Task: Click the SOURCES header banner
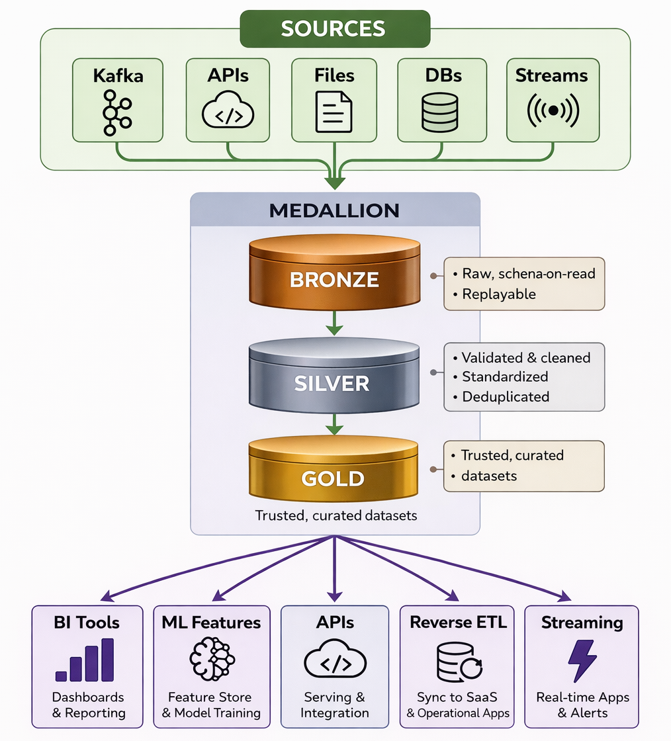(334, 28)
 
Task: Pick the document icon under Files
(334, 111)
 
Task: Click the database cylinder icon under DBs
(439, 110)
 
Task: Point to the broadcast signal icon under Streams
(553, 110)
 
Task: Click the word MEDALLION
(334, 211)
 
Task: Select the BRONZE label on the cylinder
(334, 279)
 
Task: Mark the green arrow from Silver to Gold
(334, 423)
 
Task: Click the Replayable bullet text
(498, 294)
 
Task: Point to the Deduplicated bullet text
(506, 397)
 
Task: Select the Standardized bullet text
(505, 377)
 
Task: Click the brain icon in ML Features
(211, 660)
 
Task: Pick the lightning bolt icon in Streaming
(582, 660)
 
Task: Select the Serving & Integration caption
(334, 705)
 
